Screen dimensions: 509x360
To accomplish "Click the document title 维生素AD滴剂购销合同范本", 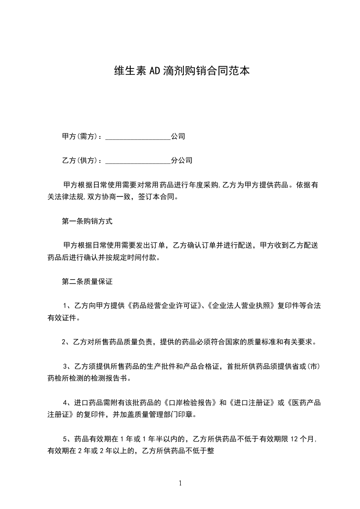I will pos(181,71).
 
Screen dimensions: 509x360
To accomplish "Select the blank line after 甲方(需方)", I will pos(138,136).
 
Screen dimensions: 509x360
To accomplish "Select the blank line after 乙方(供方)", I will pos(138,160).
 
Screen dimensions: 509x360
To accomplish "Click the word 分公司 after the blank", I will pos(182,160).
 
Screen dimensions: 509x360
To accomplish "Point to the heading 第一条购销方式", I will pos(87,221).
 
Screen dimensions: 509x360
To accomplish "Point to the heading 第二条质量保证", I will pos(87,282).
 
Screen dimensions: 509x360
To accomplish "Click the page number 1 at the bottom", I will pos(180,483).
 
